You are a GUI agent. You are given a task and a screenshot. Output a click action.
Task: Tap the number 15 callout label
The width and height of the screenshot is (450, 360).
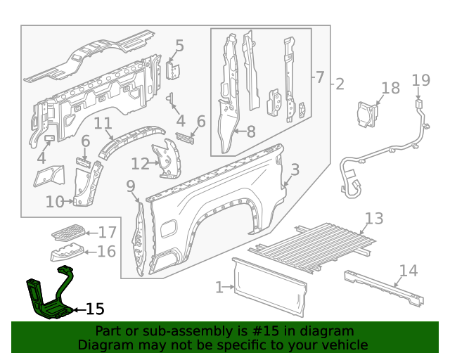[94, 309]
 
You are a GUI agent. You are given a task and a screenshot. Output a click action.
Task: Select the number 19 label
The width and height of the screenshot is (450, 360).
[420, 80]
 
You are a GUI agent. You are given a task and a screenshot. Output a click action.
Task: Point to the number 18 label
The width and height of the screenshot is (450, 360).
[390, 88]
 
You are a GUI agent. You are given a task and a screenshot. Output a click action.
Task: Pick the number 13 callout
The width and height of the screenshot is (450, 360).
[374, 218]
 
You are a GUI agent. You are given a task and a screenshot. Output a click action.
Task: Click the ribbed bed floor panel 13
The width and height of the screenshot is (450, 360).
[316, 246]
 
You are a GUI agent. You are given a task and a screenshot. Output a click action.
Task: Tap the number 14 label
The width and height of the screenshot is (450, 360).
[408, 271]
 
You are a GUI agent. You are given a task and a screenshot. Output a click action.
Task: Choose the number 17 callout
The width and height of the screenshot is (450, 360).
[107, 232]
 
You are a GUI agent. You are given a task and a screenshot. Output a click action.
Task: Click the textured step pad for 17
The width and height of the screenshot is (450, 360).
[68, 231]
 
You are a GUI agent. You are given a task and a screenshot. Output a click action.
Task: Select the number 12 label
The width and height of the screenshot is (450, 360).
[140, 164]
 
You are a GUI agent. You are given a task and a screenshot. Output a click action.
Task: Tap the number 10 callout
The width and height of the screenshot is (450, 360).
[54, 202]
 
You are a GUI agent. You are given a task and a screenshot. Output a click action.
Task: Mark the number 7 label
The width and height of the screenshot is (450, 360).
[319, 77]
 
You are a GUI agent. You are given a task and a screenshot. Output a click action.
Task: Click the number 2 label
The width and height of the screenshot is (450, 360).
[340, 85]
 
